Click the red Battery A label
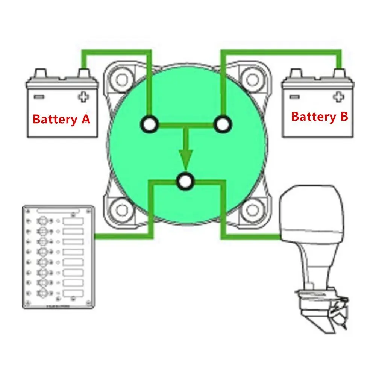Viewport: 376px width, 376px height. [x=61, y=119]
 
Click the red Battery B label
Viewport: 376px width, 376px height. [x=319, y=117]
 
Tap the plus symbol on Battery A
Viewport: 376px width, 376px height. [x=83, y=97]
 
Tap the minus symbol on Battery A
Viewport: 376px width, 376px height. [x=39, y=97]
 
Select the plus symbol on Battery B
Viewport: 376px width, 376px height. [x=338, y=97]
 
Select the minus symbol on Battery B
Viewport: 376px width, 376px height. [x=294, y=97]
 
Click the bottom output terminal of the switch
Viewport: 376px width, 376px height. [x=185, y=181]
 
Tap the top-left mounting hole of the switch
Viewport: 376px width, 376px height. [x=122, y=80]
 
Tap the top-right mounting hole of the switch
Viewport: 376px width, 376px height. [x=252, y=80]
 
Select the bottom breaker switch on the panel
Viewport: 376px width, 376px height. [x=42, y=293]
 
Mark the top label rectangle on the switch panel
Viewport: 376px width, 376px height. [x=73, y=221]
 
